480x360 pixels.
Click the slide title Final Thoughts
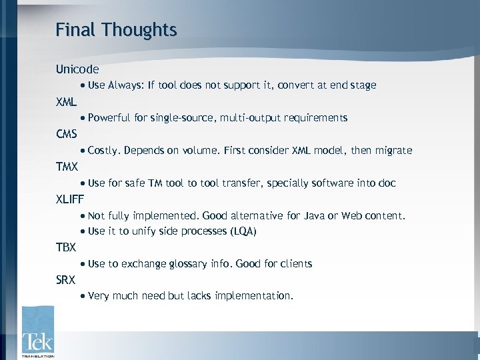[x=116, y=30]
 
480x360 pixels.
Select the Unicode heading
[x=77, y=69]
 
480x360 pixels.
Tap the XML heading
[x=67, y=102]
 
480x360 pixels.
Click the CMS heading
[x=67, y=134]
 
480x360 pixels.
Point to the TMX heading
[x=67, y=167]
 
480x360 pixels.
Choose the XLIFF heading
[x=70, y=199]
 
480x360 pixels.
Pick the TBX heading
[x=67, y=247]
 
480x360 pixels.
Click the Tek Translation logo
[x=37, y=332]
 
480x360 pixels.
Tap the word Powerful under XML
[x=109, y=118]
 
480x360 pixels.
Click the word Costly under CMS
[x=104, y=151]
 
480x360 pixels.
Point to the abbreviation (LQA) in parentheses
[x=242, y=231]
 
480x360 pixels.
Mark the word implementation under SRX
[x=257, y=296]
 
